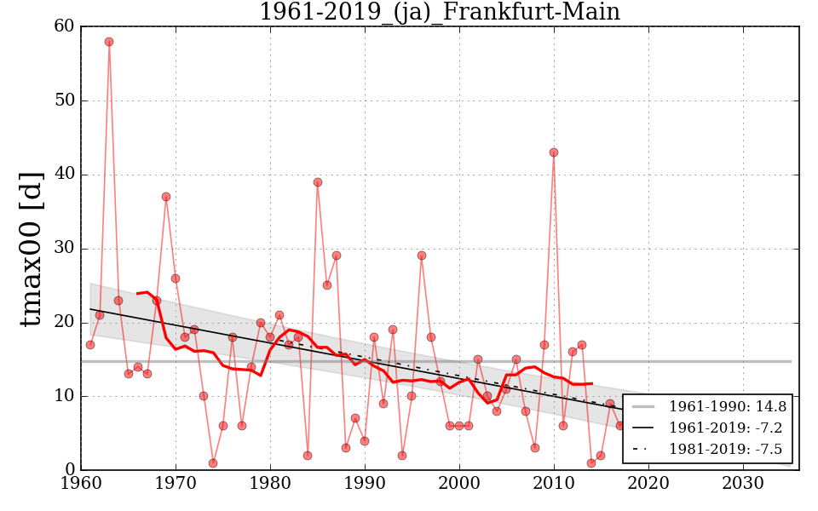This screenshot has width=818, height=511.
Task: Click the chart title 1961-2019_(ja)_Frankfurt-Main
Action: pyautogui.click(x=439, y=12)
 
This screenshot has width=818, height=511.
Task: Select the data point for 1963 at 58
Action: pyautogui.click(x=109, y=42)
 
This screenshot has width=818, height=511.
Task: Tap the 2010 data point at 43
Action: pyautogui.click(x=554, y=152)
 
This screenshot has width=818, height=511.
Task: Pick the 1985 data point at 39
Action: pyautogui.click(x=318, y=182)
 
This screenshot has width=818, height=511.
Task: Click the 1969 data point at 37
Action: pyautogui.click(x=166, y=197)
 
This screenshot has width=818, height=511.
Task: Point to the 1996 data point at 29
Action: pyautogui.click(x=422, y=255)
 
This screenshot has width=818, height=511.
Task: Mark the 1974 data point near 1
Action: pyautogui.click(x=213, y=463)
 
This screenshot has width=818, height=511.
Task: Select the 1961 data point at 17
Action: pyautogui.click(x=90, y=345)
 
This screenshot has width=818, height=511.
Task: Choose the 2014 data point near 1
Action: pyautogui.click(x=591, y=463)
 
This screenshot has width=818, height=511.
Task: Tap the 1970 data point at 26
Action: pyautogui.click(x=176, y=278)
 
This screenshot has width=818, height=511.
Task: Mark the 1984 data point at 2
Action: pyautogui.click(x=308, y=456)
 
